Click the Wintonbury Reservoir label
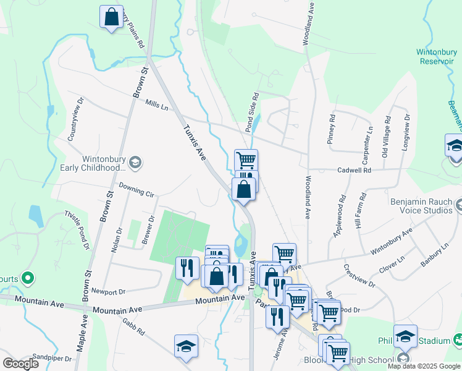435,56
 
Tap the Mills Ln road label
156,106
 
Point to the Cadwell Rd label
354,170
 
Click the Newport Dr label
108,291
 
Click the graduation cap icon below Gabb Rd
186,347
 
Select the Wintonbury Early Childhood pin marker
136,163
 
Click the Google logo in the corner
21,364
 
